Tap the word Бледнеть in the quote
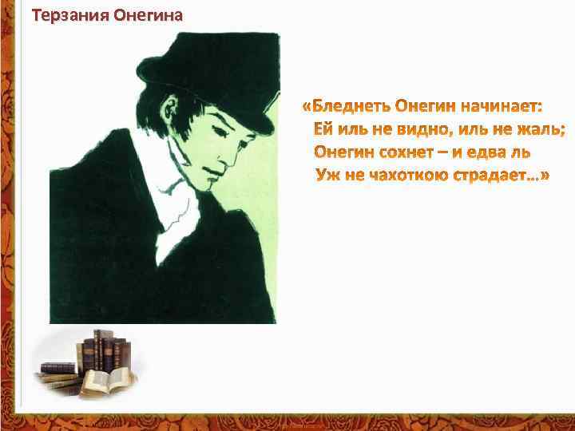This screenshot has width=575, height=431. click(353, 106)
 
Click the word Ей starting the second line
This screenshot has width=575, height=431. click(323, 129)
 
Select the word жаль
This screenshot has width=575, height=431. click(544, 129)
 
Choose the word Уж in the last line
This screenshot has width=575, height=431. click(328, 174)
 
